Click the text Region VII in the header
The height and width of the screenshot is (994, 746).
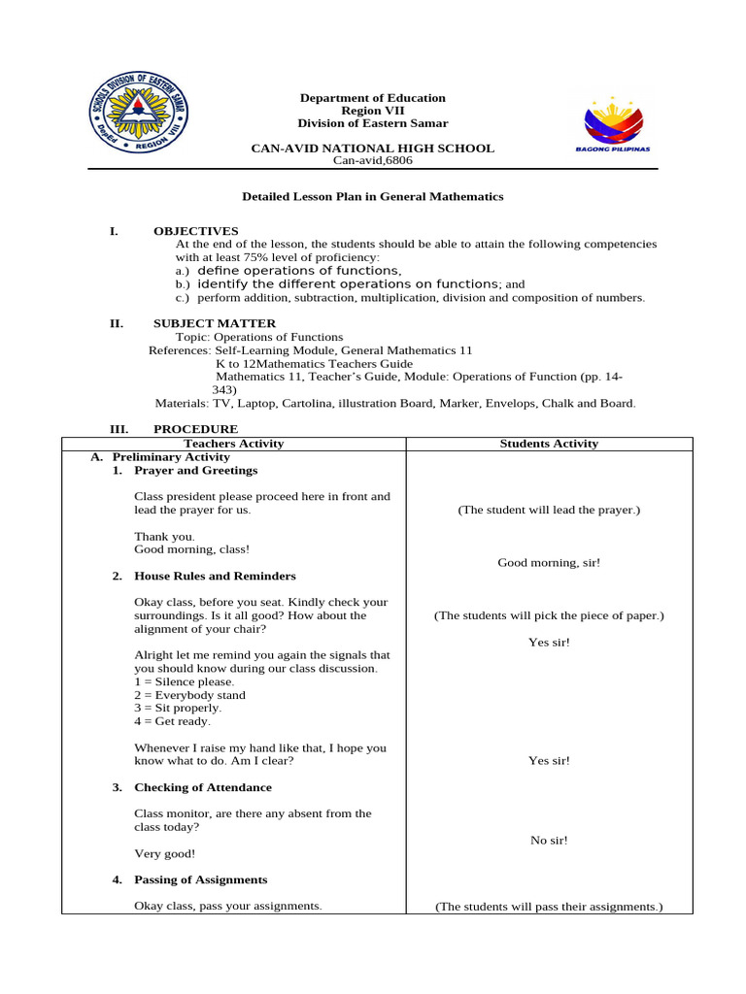(x=372, y=111)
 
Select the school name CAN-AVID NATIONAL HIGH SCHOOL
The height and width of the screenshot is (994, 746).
(x=372, y=149)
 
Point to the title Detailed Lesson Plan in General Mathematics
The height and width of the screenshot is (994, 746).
(x=372, y=196)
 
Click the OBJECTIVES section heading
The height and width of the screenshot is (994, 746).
(x=195, y=230)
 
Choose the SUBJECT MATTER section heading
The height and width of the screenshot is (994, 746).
(x=214, y=323)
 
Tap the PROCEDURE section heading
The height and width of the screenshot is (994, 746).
(x=195, y=429)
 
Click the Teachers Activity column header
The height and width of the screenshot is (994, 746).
(x=234, y=444)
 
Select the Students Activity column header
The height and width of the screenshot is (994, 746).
(x=549, y=444)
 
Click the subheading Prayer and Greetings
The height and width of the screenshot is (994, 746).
(x=195, y=470)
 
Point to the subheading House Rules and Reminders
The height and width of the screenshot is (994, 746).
(x=215, y=576)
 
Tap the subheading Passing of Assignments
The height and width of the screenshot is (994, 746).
(x=200, y=879)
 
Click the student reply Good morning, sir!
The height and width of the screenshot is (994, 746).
(x=549, y=562)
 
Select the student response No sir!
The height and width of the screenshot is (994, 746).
(x=549, y=840)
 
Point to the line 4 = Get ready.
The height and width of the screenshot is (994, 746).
(x=172, y=721)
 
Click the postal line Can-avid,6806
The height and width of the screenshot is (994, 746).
(x=372, y=161)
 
